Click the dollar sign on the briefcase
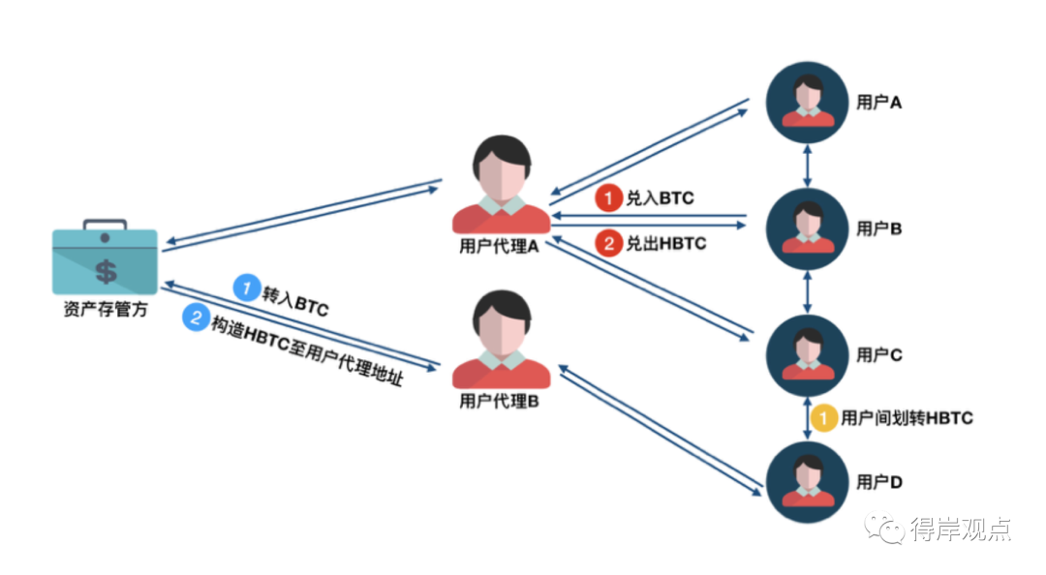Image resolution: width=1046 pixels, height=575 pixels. [107, 271]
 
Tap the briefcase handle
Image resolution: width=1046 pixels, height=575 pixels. [105, 224]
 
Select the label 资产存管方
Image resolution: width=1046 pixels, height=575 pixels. [106, 310]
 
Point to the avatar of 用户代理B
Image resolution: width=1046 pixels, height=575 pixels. [502, 340]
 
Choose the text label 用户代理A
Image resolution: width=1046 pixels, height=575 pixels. [499, 247]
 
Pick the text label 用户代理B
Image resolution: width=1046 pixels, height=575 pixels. [499, 402]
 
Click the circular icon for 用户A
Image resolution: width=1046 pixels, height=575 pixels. [807, 102]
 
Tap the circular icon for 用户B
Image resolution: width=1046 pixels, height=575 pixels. [807, 228]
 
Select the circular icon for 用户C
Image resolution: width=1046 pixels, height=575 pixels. [807, 355]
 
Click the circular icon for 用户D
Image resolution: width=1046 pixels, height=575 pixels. [807, 482]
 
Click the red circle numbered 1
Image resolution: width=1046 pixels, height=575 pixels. [608, 198]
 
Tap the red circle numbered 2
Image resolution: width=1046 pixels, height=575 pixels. [608, 244]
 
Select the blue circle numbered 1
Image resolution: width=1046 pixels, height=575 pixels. [247, 287]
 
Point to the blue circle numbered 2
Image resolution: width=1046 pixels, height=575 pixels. [196, 318]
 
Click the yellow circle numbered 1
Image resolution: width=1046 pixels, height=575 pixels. [824, 418]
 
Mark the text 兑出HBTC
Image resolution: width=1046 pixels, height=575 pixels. [665, 244]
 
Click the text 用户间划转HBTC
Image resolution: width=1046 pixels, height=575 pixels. [907, 418]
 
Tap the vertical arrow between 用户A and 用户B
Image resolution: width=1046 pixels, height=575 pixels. [807, 166]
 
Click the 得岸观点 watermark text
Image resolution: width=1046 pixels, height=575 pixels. [961, 529]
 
